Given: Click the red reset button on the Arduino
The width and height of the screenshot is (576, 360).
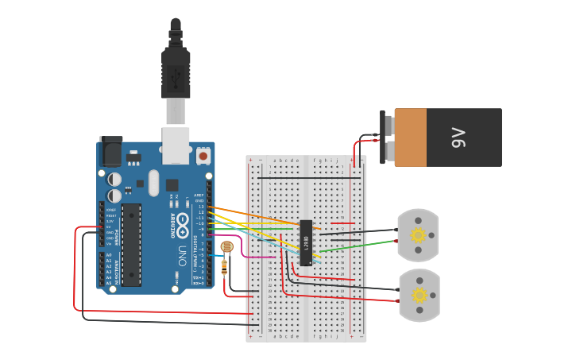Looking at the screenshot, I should coord(203,156).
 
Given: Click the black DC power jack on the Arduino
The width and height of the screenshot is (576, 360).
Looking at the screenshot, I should coord(110,151).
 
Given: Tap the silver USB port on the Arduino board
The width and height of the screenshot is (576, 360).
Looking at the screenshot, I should coord(176,141).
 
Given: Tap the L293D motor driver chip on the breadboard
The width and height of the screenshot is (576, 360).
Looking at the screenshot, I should coord(306,242).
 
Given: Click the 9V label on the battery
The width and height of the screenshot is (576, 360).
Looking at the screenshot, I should coord(458,137).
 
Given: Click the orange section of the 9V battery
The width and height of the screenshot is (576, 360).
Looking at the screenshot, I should coord(411,137).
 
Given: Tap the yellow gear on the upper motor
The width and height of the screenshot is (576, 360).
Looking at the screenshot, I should coord(418,235).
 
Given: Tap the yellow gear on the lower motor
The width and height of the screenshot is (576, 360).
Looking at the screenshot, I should coord(418,296).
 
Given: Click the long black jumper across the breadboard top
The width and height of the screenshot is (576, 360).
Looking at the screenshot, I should coord(306,178).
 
